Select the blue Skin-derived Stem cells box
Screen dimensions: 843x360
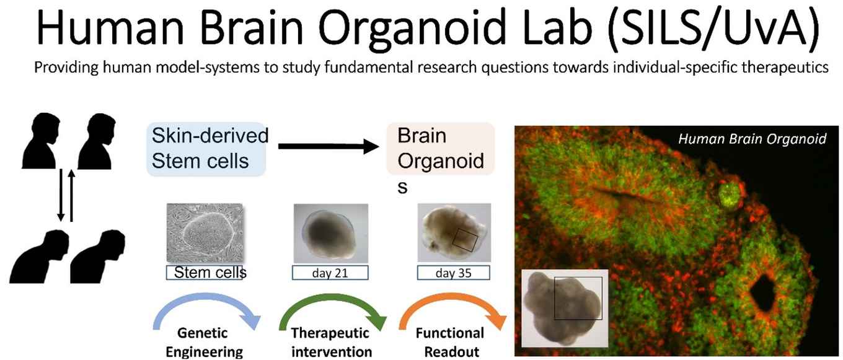[206, 149]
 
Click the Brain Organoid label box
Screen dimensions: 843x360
[441, 149]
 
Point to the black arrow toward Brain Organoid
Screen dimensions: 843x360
[329, 146]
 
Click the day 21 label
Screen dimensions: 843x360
[330, 273]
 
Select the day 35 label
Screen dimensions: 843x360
[454, 273]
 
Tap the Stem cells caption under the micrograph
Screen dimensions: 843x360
[210, 273]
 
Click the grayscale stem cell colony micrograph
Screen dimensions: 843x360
[205, 233]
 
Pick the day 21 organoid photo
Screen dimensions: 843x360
[331, 233]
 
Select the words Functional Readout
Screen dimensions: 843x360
[450, 342]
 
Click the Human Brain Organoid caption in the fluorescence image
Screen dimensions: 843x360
[753, 139]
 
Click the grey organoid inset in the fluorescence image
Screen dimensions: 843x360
[565, 308]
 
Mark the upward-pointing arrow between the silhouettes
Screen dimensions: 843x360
[71, 196]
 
